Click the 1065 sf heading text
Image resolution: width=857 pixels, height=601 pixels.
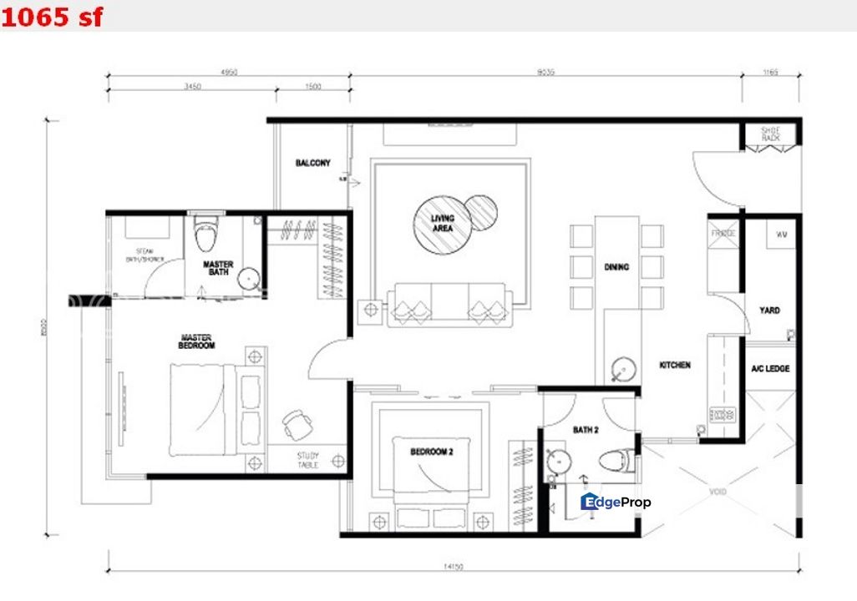(x=53, y=16)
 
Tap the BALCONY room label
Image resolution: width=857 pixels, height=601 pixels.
(x=313, y=163)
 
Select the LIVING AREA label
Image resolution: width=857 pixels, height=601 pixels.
(x=442, y=223)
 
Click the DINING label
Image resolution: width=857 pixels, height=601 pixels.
(x=616, y=267)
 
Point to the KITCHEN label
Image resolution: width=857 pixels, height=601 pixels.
(x=675, y=365)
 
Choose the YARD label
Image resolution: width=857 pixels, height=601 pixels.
(x=769, y=311)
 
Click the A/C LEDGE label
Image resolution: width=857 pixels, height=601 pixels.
(x=769, y=368)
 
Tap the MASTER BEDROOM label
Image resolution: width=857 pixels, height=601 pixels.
(x=197, y=341)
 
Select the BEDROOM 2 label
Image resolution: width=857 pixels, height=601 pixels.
(x=431, y=452)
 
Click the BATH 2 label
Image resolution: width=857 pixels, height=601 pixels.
(x=586, y=430)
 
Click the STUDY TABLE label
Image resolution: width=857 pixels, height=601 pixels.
(x=308, y=460)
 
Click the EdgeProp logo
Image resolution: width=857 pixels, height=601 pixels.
(x=616, y=502)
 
